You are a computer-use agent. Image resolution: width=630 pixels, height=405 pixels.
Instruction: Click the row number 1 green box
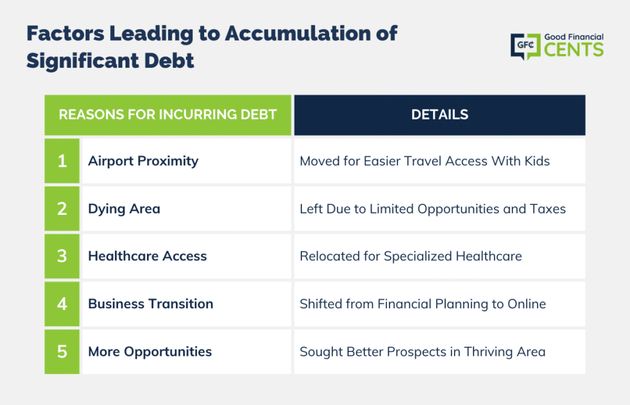[x=62, y=161]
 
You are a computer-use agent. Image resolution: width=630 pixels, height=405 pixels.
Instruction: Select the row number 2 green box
[x=62, y=209]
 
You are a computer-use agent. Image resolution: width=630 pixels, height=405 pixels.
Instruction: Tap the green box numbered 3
[x=62, y=256]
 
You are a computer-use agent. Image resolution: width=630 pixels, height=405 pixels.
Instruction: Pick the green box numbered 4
[x=62, y=304]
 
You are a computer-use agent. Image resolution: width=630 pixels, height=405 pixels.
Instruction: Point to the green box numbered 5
[x=62, y=351]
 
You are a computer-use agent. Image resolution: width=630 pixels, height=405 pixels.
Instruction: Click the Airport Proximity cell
[x=186, y=161]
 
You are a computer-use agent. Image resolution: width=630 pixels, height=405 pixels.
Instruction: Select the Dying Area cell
[x=186, y=209]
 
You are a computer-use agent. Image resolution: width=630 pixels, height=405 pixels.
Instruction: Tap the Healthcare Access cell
[x=186, y=256]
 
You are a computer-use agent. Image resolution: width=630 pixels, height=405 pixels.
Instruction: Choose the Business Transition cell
[x=186, y=304]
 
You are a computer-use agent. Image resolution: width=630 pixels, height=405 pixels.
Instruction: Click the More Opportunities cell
[x=186, y=351]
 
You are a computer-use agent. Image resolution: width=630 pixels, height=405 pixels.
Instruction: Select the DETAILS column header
[x=439, y=115]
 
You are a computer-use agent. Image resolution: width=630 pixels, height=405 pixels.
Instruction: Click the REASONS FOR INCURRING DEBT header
[x=167, y=115]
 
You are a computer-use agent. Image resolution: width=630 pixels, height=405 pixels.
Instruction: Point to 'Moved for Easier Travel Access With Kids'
[x=425, y=161]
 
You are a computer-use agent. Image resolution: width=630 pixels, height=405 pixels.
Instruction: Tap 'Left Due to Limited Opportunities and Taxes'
[x=433, y=209]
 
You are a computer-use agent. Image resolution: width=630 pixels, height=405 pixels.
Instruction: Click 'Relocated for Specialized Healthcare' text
[x=410, y=256]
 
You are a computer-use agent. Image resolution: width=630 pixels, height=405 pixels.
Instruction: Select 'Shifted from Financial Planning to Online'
[x=423, y=304]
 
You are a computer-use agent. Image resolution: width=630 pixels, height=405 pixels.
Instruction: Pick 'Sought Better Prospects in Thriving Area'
[x=423, y=352]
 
